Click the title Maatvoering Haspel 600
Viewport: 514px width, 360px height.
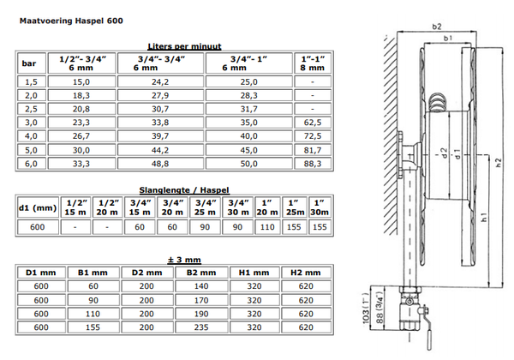[71, 21]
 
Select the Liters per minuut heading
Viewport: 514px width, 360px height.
[184, 46]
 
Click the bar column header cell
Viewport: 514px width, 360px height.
[32, 63]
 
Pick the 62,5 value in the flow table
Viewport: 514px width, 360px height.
[313, 123]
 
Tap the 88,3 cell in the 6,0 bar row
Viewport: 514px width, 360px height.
[313, 164]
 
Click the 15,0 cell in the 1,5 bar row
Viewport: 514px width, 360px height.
[81, 81]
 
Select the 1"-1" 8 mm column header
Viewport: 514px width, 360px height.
[313, 63]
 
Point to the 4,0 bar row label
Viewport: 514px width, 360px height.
[32, 136]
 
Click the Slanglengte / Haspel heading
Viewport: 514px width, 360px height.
[184, 190]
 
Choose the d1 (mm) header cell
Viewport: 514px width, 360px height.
[38, 207]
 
